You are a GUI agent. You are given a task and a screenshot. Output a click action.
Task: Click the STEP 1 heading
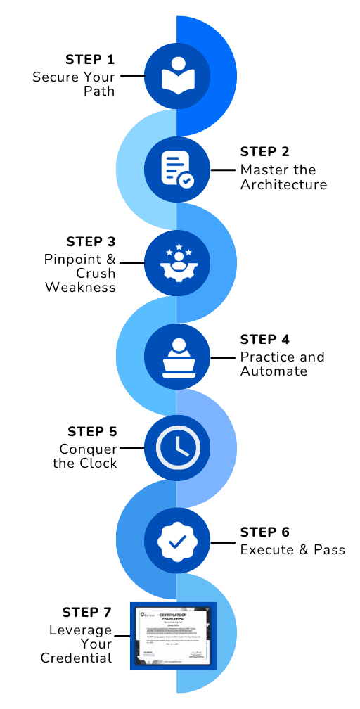[x=90, y=59]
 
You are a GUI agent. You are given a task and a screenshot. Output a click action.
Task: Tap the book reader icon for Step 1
[x=176, y=75]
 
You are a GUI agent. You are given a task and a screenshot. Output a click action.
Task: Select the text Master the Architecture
[x=283, y=177]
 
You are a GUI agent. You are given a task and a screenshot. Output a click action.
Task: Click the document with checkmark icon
[x=176, y=169]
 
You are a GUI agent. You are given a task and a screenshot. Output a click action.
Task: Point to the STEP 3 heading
[x=90, y=242]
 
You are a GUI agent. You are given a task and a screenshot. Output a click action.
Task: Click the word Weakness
[x=80, y=287]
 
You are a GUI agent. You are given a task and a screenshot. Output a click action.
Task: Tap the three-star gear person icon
[x=176, y=262]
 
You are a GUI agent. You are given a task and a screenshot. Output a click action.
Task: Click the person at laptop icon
[x=176, y=356]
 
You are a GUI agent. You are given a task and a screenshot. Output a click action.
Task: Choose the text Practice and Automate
[x=282, y=364]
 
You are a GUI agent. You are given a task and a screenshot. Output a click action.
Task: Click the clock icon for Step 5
[x=176, y=448]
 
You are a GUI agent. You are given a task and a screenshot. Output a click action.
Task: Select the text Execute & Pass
[x=292, y=549]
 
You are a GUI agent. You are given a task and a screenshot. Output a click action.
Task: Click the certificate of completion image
[x=173, y=635]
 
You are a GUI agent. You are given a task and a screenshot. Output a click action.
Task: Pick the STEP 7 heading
[x=87, y=612]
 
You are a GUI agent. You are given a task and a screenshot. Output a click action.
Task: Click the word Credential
[x=76, y=658]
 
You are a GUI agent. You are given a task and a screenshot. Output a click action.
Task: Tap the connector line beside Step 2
[x=223, y=170]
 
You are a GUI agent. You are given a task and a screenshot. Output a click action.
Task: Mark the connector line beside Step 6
[x=223, y=542]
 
